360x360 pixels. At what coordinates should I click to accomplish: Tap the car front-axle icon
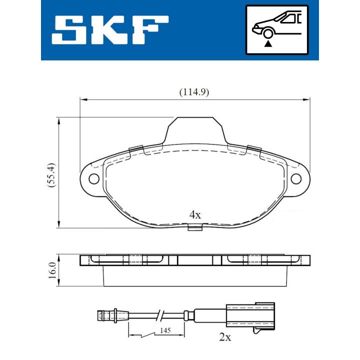[x=277, y=29]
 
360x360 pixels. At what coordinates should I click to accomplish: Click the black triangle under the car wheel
[x=268, y=44]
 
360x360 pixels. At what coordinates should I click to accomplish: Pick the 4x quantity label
[x=194, y=215]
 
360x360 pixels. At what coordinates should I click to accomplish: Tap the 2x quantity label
[x=225, y=337]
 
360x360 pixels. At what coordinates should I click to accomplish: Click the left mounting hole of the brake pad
[x=93, y=178]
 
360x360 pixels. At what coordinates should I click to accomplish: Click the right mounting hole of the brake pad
[x=296, y=178]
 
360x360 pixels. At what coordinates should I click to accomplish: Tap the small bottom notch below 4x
[x=194, y=228]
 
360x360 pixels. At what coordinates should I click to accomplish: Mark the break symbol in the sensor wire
[x=159, y=315]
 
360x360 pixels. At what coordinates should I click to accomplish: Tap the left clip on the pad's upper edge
[x=135, y=148]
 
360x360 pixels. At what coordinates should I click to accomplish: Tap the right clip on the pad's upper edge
[x=254, y=148]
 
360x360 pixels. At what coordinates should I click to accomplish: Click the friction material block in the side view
[x=195, y=275]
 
